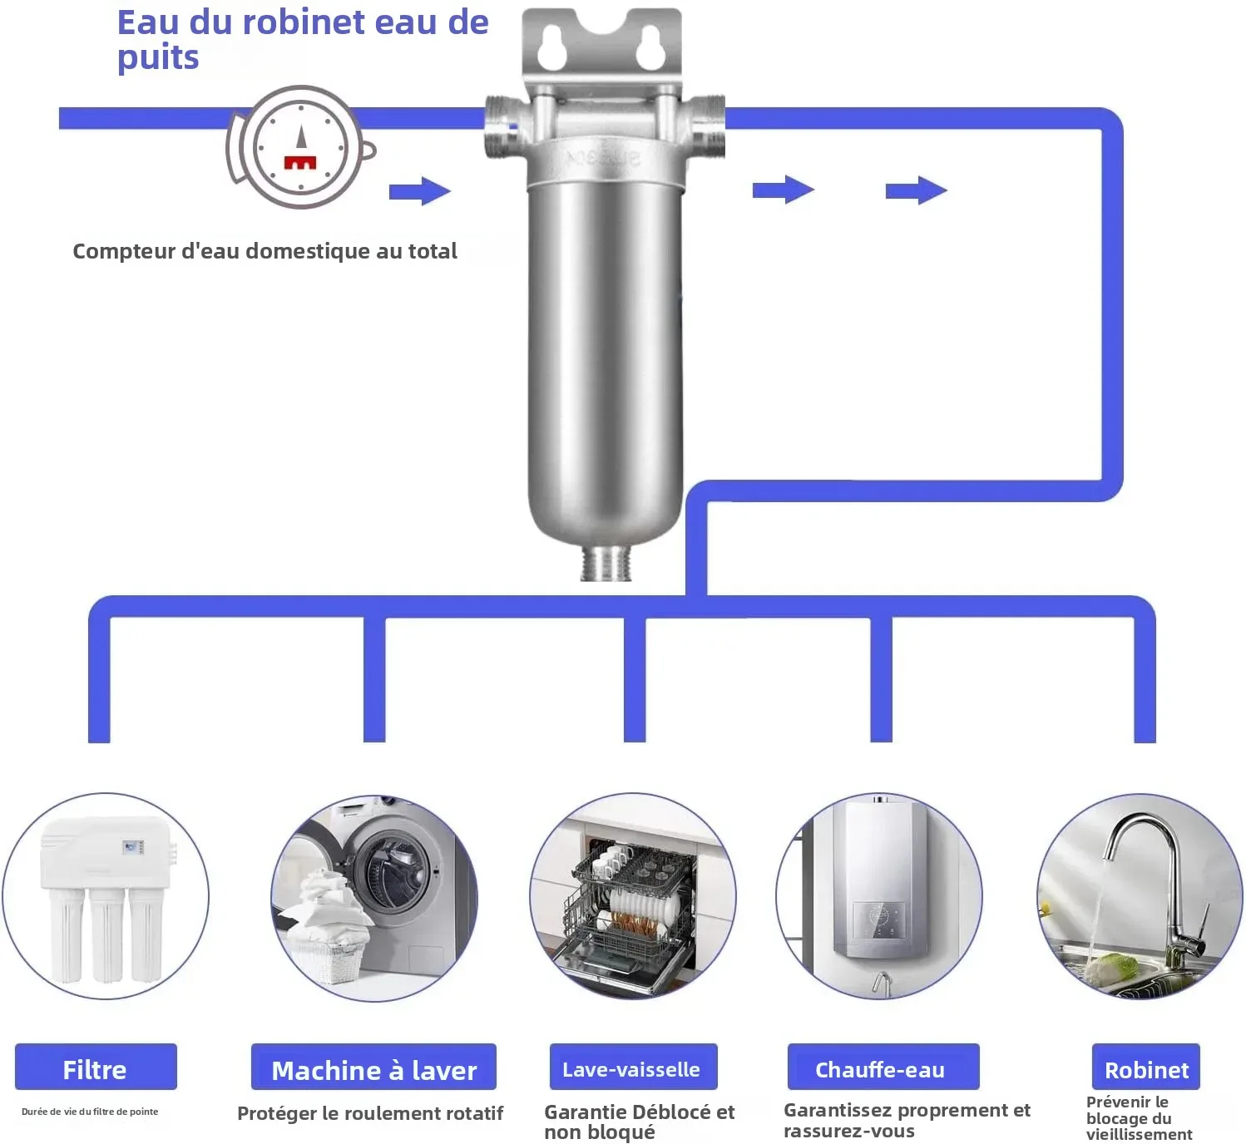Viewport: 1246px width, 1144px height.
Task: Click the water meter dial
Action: tap(300, 147)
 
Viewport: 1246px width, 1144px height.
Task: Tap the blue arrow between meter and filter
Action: tap(419, 191)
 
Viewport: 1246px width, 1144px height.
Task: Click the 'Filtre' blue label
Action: tap(96, 1068)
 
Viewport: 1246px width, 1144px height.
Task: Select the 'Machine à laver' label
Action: tap(373, 1068)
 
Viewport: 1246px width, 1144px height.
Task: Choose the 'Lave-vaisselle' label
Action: tap(632, 1068)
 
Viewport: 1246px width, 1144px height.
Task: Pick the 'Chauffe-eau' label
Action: tap(882, 1068)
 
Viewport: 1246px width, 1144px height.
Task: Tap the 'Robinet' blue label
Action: tap(1145, 1068)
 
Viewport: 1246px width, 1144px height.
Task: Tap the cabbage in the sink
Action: tap(1112, 969)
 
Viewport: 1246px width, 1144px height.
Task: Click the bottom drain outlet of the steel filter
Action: tap(606, 563)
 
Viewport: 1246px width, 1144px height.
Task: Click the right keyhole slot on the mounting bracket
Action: tap(650, 49)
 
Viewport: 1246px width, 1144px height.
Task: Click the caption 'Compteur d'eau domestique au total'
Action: tap(265, 251)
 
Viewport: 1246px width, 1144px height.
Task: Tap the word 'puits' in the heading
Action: tap(158, 58)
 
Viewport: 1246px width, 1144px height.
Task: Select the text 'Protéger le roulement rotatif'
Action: tap(370, 1113)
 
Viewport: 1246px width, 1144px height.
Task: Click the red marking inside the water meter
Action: tap(300, 161)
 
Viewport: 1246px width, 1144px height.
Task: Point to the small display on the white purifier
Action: tap(131, 847)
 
